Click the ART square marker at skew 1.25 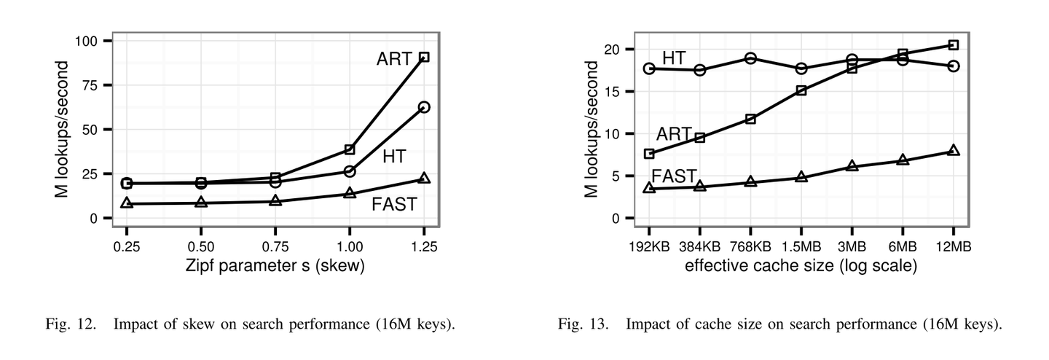click(424, 57)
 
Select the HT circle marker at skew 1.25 click(424, 107)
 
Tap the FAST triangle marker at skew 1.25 click(424, 179)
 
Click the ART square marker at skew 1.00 click(350, 149)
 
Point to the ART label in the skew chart click(394, 60)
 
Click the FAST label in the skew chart click(394, 204)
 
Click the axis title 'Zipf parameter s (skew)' click(275, 266)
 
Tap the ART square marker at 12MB click(954, 45)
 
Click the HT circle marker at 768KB click(751, 58)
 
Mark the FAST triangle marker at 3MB click(852, 166)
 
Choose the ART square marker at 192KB click(650, 154)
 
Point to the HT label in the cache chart click(674, 58)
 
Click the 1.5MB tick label click(801, 246)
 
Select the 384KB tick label click(700, 246)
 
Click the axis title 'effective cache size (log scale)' click(801, 266)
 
